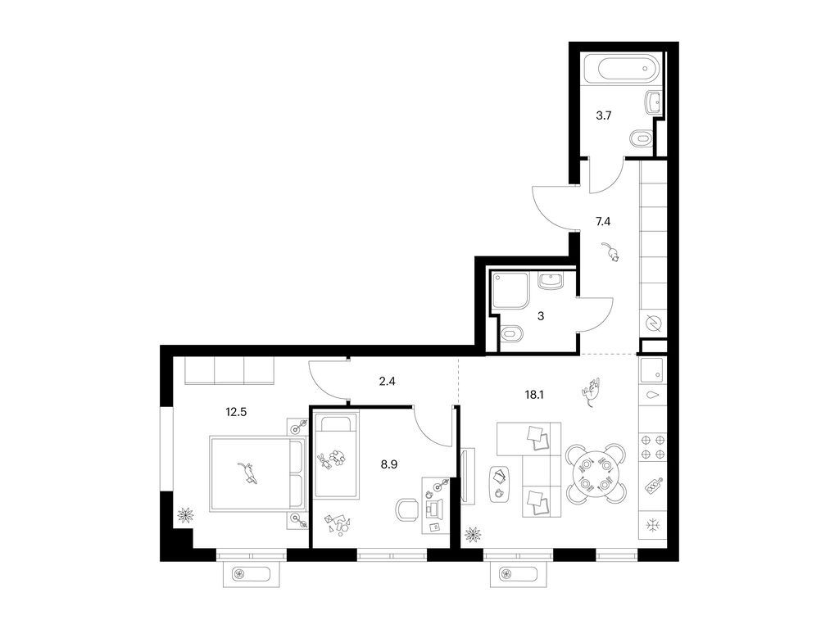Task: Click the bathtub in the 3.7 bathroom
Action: click(623, 69)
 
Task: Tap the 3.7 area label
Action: click(604, 115)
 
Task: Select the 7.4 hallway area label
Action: click(603, 221)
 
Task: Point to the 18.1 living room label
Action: click(535, 395)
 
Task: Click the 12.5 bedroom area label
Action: click(236, 412)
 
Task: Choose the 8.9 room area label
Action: click(389, 464)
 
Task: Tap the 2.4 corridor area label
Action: click(387, 382)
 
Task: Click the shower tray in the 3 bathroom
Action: click(510, 290)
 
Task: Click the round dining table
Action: click(596, 474)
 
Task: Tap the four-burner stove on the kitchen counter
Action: click(653, 447)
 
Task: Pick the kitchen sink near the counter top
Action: click(652, 369)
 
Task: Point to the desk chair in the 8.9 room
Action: click(407, 509)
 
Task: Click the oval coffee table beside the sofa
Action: click(499, 483)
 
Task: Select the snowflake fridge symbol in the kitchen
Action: click(653, 526)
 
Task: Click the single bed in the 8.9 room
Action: click(335, 454)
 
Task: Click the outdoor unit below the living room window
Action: click(519, 574)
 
